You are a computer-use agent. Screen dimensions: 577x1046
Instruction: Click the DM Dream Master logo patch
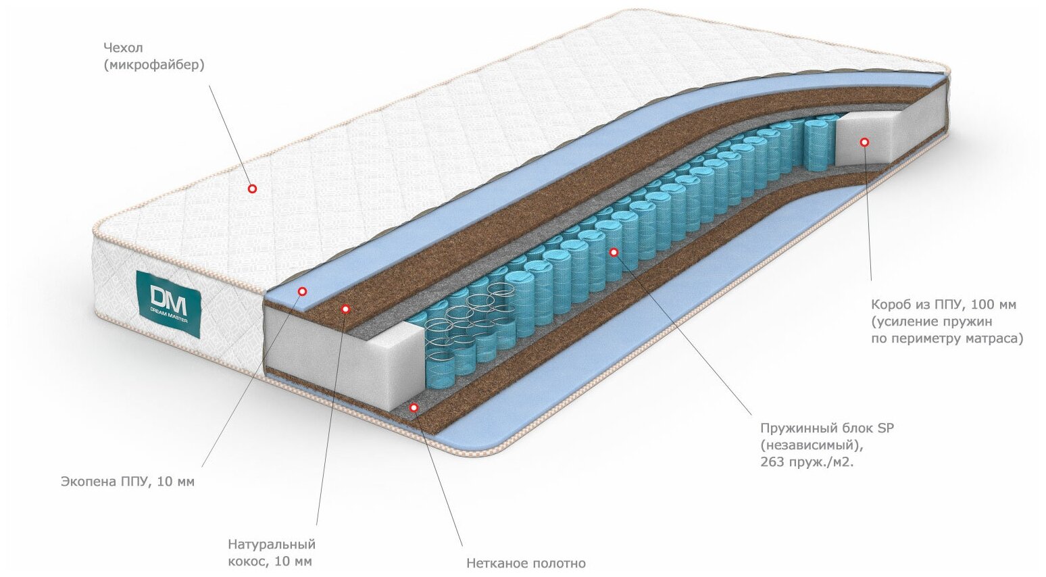tap(168, 303)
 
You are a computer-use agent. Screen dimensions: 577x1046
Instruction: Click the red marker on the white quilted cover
tap(252, 189)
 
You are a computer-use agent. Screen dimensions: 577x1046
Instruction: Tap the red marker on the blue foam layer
tap(302, 291)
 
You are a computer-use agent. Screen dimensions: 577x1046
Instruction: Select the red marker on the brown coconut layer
tap(345, 309)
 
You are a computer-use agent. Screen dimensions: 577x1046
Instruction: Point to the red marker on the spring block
tap(614, 252)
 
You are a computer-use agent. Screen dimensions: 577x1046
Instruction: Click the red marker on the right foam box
tap(864, 142)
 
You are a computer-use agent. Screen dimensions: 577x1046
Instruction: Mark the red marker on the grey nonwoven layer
tap(414, 407)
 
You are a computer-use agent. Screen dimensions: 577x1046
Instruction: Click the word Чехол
tap(124, 48)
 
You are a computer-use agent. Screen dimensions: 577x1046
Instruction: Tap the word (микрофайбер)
tap(154, 65)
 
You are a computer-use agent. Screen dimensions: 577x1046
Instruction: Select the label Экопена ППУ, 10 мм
tap(128, 482)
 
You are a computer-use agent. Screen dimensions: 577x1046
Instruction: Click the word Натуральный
tap(272, 544)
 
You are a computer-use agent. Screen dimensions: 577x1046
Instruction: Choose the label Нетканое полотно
tap(526, 563)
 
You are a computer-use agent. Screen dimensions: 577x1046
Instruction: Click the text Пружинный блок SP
tap(827, 428)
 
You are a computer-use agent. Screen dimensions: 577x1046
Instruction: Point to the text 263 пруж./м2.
tap(807, 462)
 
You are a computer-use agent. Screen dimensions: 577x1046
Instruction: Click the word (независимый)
tap(812, 445)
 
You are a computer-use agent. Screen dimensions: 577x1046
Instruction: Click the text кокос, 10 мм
tap(270, 561)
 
